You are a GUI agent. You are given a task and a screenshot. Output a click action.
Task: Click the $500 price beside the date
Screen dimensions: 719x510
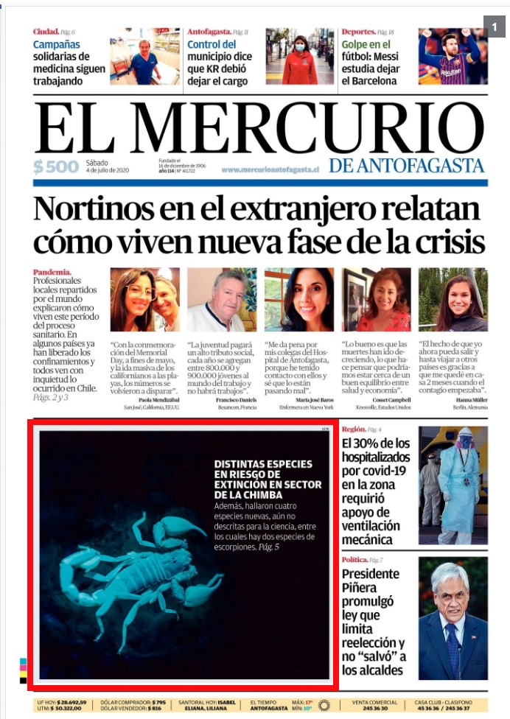click(55, 166)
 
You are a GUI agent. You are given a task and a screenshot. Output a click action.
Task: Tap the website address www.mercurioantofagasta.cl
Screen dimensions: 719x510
click(270, 169)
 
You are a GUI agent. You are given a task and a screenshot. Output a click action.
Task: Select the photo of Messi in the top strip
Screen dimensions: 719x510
click(453, 57)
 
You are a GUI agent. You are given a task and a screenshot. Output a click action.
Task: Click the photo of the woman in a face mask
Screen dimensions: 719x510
click(299, 57)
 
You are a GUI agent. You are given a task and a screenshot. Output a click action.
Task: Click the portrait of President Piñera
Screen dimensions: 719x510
click(453, 617)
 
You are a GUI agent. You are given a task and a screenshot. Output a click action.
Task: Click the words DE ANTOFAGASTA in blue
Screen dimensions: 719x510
click(407, 166)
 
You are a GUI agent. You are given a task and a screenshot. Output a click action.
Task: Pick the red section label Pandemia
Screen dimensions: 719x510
click(52, 272)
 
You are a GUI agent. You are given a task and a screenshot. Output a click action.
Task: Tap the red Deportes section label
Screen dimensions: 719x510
click(358, 32)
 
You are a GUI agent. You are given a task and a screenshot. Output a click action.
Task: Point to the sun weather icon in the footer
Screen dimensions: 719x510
click(324, 705)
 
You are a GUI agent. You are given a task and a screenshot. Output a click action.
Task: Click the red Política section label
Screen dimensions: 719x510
click(357, 561)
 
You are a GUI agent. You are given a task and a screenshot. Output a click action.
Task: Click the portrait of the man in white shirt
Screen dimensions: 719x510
click(221, 299)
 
